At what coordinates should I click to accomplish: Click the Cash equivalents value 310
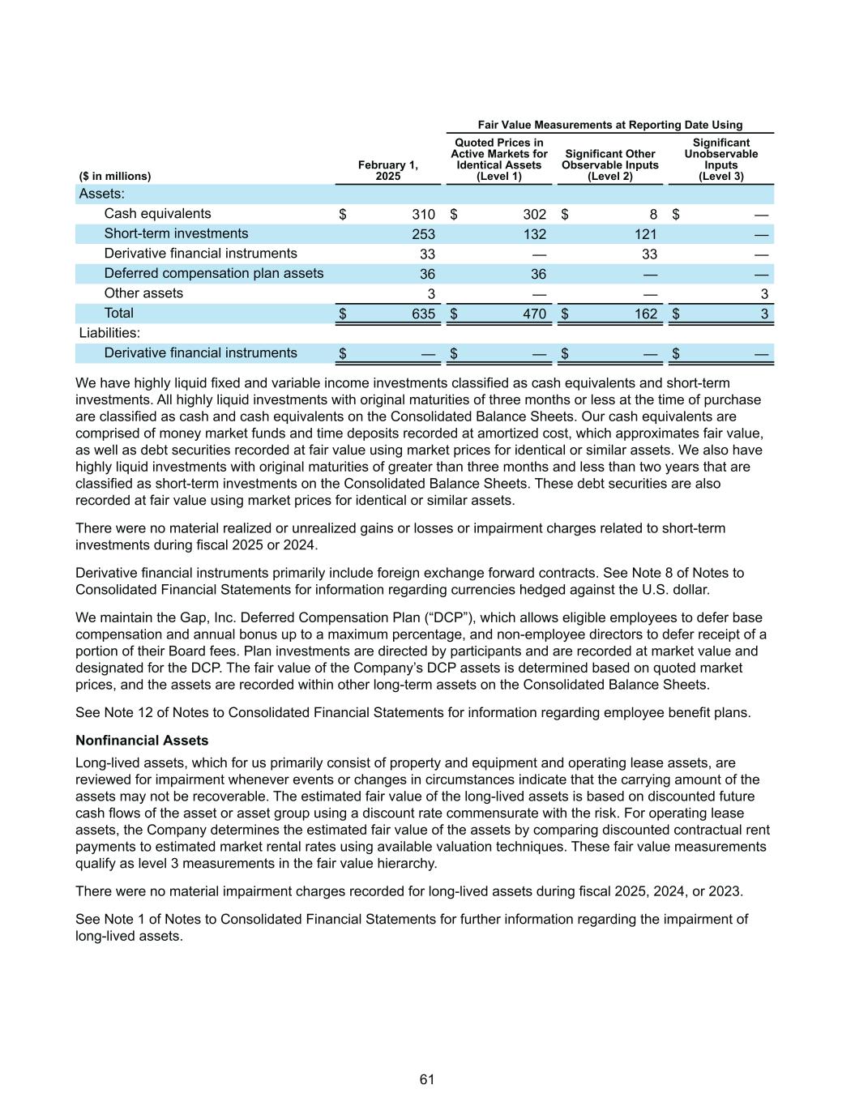click(x=423, y=215)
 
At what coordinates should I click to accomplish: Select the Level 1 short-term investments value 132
click(x=534, y=234)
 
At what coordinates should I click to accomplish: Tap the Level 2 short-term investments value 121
click(x=645, y=234)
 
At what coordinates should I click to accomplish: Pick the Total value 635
click(x=423, y=314)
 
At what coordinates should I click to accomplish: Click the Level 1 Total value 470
click(x=534, y=314)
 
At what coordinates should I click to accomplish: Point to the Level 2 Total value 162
click(x=645, y=314)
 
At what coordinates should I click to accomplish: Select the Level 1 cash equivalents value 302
click(x=534, y=215)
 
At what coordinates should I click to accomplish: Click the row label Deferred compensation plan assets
click(x=214, y=274)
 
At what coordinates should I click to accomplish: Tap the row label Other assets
click(x=143, y=293)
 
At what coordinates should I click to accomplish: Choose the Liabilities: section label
click(x=109, y=333)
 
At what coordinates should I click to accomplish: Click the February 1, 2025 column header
click(x=388, y=171)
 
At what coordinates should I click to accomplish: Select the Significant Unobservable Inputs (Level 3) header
click(x=721, y=160)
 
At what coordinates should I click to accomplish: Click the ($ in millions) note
click(x=115, y=177)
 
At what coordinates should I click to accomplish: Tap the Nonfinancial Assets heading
click(x=142, y=741)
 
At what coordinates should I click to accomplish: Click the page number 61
click(x=427, y=1079)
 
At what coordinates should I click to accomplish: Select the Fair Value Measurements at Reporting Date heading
click(x=610, y=125)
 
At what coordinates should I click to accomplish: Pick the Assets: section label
click(x=101, y=194)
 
